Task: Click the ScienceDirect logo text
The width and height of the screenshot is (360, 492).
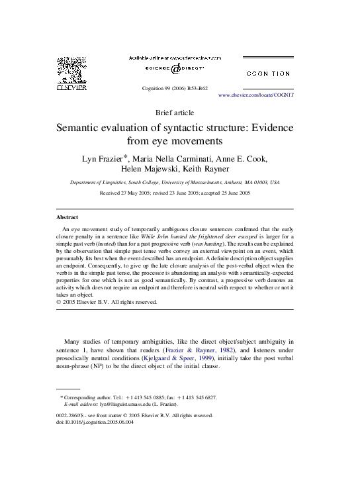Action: point(175,69)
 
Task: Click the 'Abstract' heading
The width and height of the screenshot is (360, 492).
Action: point(66,217)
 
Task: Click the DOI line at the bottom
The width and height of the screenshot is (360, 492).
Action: point(95,422)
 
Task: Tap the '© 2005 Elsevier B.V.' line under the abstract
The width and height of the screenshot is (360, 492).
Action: point(105,302)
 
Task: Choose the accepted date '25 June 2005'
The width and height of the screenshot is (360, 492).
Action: point(234,193)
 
